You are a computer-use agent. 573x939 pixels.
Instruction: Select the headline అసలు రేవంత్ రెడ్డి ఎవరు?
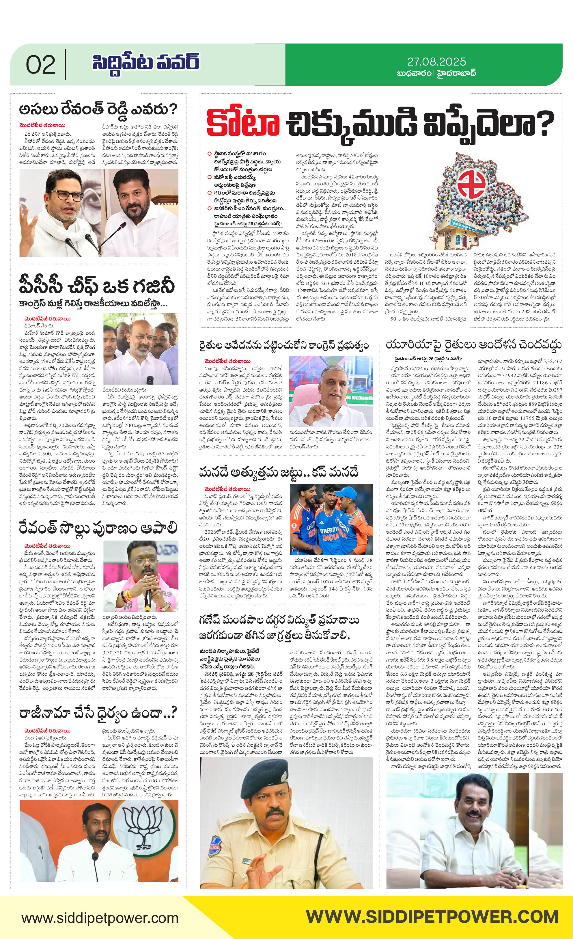coord(98,109)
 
